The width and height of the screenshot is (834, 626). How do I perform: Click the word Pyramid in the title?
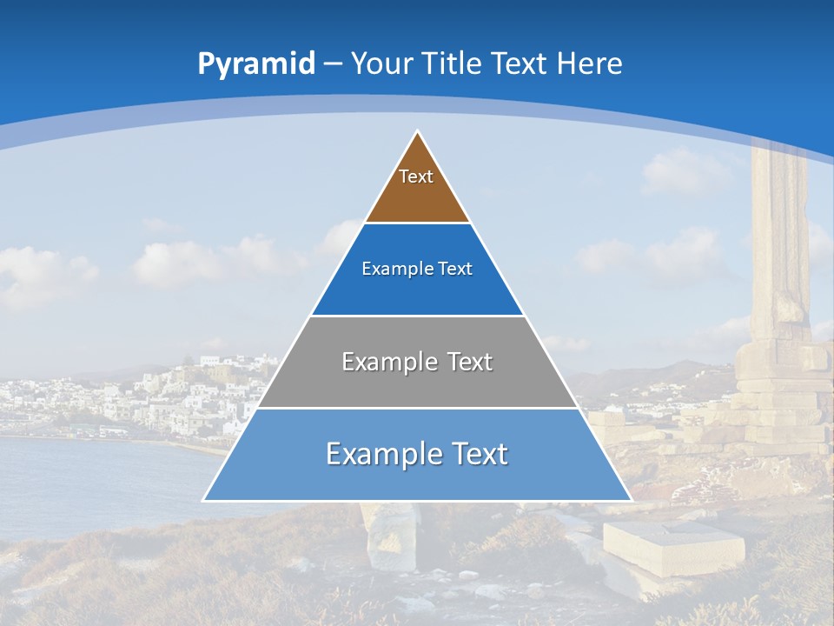coord(255,64)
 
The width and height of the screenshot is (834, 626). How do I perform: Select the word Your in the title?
coord(381,63)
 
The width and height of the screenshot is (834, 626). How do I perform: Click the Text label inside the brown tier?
coord(416,176)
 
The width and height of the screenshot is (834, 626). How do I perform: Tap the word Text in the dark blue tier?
coord(456,270)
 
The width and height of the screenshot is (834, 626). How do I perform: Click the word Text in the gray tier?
coord(470,362)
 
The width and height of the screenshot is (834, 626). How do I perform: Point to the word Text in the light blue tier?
coord(480,454)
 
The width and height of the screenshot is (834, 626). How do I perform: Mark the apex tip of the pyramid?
coord(418,132)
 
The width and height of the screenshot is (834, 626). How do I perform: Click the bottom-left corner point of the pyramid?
coord(204,500)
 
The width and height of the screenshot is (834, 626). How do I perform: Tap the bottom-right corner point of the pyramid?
coord(631,500)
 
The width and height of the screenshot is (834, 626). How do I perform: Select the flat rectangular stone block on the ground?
coord(673,545)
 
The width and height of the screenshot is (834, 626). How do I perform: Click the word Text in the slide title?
coord(520,63)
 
